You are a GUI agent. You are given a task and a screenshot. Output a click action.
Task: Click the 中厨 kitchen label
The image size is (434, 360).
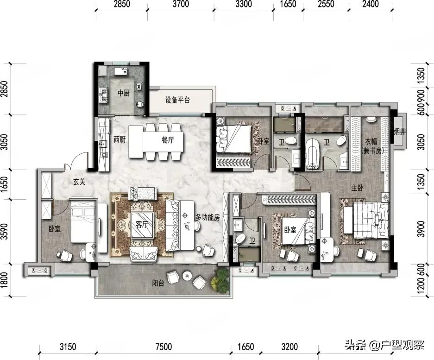pos(123,93)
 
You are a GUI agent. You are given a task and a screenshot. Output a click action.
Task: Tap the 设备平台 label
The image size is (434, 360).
pos(177,101)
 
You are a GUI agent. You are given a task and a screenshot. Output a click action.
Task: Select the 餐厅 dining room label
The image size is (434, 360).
pos(168,140)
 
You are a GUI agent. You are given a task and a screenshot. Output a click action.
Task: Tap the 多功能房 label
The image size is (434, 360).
pos(207,217)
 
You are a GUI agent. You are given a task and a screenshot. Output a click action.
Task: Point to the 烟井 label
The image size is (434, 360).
pos(399,132)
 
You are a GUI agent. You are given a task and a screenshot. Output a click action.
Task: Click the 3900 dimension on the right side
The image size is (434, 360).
pos(420,228)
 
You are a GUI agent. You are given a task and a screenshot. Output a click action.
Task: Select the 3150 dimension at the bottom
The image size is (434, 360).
pos(68,346)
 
